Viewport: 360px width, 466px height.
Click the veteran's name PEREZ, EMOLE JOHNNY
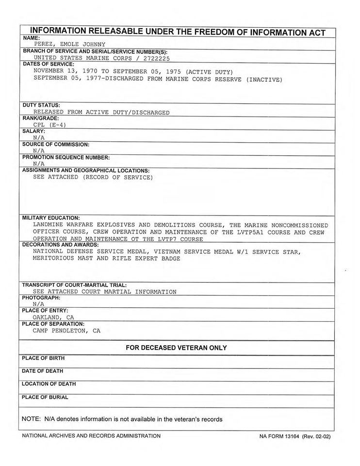[73, 44]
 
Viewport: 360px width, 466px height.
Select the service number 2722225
[156, 57]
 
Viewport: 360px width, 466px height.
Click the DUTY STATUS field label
[41, 105]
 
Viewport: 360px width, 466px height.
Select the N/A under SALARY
[39, 138]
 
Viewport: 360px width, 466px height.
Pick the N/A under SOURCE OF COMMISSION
[39, 151]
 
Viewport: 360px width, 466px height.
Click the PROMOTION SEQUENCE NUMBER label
[66, 158]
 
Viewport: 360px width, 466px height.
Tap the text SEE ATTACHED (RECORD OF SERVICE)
[93, 178]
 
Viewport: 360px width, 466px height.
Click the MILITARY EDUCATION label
[51, 218]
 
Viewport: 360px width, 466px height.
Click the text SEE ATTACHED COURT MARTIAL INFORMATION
[105, 292]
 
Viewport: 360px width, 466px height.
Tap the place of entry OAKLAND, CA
[53, 317]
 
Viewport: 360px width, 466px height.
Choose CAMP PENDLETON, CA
[66, 331]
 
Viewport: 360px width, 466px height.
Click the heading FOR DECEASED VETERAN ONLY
[176, 348]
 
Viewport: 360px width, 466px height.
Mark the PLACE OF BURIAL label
[45, 398]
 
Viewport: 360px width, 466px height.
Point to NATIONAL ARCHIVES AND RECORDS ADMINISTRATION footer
[91, 436]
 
